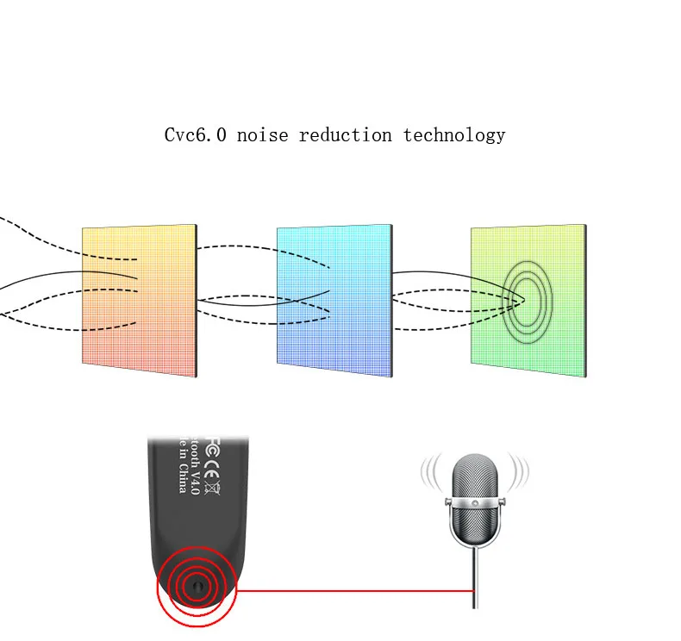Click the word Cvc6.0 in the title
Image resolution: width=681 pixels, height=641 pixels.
pos(196,135)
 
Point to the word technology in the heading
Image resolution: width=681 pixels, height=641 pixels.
pos(453,135)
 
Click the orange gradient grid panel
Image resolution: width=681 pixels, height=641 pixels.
pos(139,301)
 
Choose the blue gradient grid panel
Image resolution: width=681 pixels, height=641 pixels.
pos(334,301)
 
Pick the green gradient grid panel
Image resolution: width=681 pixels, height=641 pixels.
pos(528,301)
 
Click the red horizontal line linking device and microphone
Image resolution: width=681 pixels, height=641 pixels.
pos(353,590)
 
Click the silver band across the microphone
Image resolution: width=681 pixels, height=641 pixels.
pos(473,501)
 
